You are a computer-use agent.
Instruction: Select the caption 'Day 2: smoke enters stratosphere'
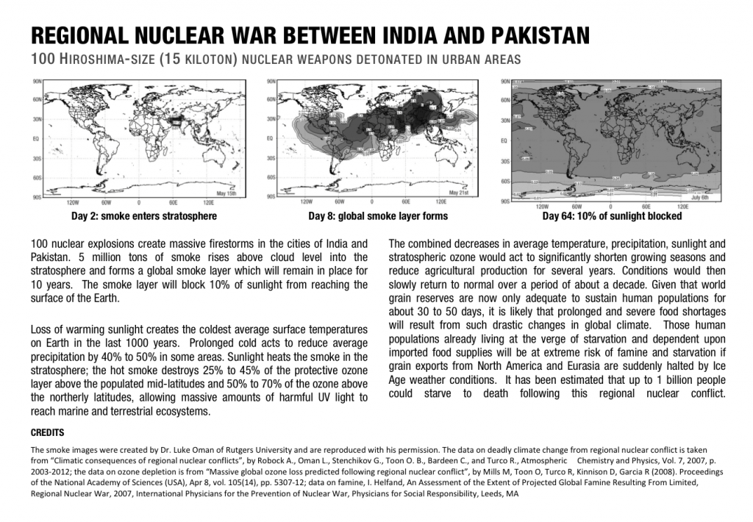[x=143, y=216]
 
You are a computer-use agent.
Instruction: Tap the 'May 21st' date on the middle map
[x=458, y=193]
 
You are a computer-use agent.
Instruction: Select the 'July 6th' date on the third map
[x=699, y=197]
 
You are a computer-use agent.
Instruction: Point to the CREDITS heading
[x=48, y=432]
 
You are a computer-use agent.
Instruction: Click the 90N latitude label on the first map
[x=36, y=79]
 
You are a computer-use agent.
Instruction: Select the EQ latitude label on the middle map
[x=271, y=138]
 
